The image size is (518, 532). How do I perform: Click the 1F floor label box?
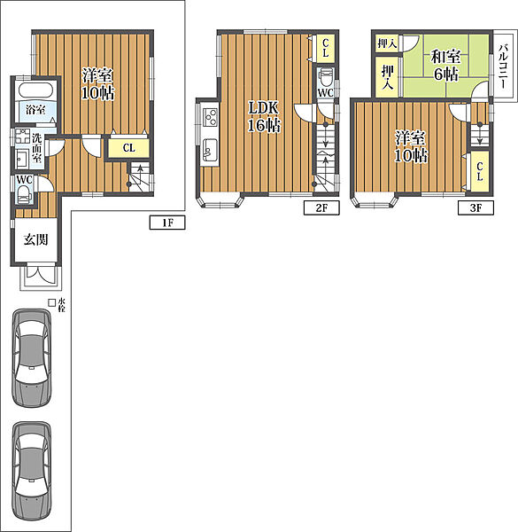(x=167, y=223)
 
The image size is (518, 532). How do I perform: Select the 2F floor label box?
(x=321, y=207)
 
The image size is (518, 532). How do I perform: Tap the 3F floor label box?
(x=475, y=207)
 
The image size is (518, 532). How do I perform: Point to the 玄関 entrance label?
(x=36, y=240)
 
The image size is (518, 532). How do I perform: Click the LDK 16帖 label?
(x=264, y=116)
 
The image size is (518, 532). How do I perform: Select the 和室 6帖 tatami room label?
(x=446, y=65)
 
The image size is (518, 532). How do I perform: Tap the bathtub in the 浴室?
(x=36, y=90)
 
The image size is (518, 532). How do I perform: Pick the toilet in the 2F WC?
(x=326, y=77)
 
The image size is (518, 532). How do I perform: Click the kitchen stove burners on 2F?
(x=210, y=117)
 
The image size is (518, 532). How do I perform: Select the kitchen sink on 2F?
(x=210, y=149)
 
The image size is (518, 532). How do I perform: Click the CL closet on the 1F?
(x=128, y=148)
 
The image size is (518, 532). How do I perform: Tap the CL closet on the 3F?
(x=479, y=171)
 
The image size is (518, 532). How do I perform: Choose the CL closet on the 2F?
(x=326, y=48)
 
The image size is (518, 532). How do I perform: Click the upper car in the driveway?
(x=32, y=358)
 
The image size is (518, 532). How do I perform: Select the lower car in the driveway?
(x=32, y=471)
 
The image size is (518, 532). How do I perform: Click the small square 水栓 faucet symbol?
(x=51, y=302)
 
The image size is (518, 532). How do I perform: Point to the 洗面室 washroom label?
(x=36, y=148)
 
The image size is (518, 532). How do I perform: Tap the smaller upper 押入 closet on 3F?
(x=387, y=43)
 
